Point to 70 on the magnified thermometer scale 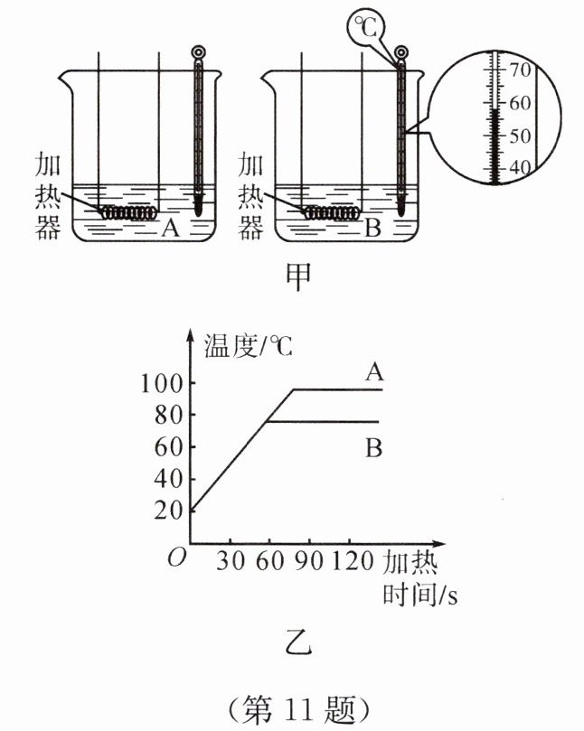[521, 69]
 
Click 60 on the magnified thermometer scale [521, 102]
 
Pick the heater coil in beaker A [127, 213]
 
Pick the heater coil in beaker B [329, 213]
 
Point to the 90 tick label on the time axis [308, 559]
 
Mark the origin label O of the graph [177, 558]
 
